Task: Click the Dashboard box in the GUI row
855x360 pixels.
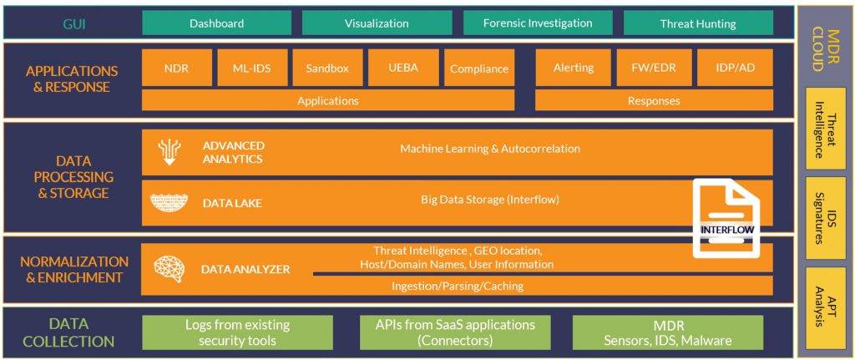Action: pos(216,23)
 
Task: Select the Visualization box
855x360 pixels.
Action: pos(377,23)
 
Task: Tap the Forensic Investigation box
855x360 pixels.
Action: pos(537,23)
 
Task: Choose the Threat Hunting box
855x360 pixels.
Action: pos(698,23)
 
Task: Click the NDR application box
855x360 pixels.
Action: pos(176,68)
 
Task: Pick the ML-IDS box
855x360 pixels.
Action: pos(251,68)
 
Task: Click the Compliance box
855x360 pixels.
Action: pos(478,68)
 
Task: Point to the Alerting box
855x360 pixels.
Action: pos(573,68)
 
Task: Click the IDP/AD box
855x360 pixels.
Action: pos(736,68)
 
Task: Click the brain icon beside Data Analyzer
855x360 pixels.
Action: pos(169,268)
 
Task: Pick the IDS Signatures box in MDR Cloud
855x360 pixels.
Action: pos(825,218)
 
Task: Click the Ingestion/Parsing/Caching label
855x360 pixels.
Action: pos(458,286)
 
